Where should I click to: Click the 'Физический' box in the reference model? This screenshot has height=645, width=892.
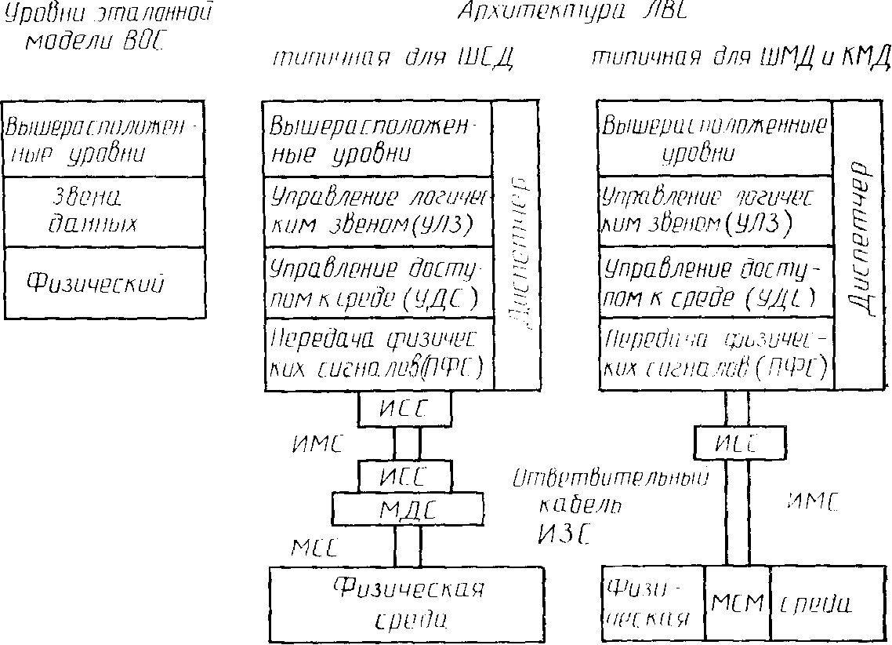103,282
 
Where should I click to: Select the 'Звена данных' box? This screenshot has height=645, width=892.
103,212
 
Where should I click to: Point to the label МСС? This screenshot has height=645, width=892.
313,547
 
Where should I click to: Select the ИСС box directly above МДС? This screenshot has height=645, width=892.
404,475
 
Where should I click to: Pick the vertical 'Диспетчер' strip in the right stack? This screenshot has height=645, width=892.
859,245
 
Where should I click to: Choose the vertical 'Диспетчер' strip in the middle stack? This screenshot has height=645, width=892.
517,245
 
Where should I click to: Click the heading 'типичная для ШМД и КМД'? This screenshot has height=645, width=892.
740,59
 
